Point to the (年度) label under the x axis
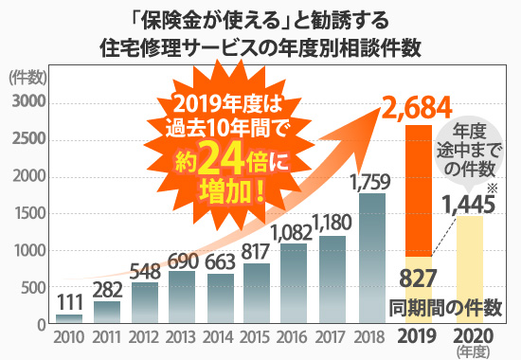coord(472,351)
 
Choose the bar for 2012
coord(145,302)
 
